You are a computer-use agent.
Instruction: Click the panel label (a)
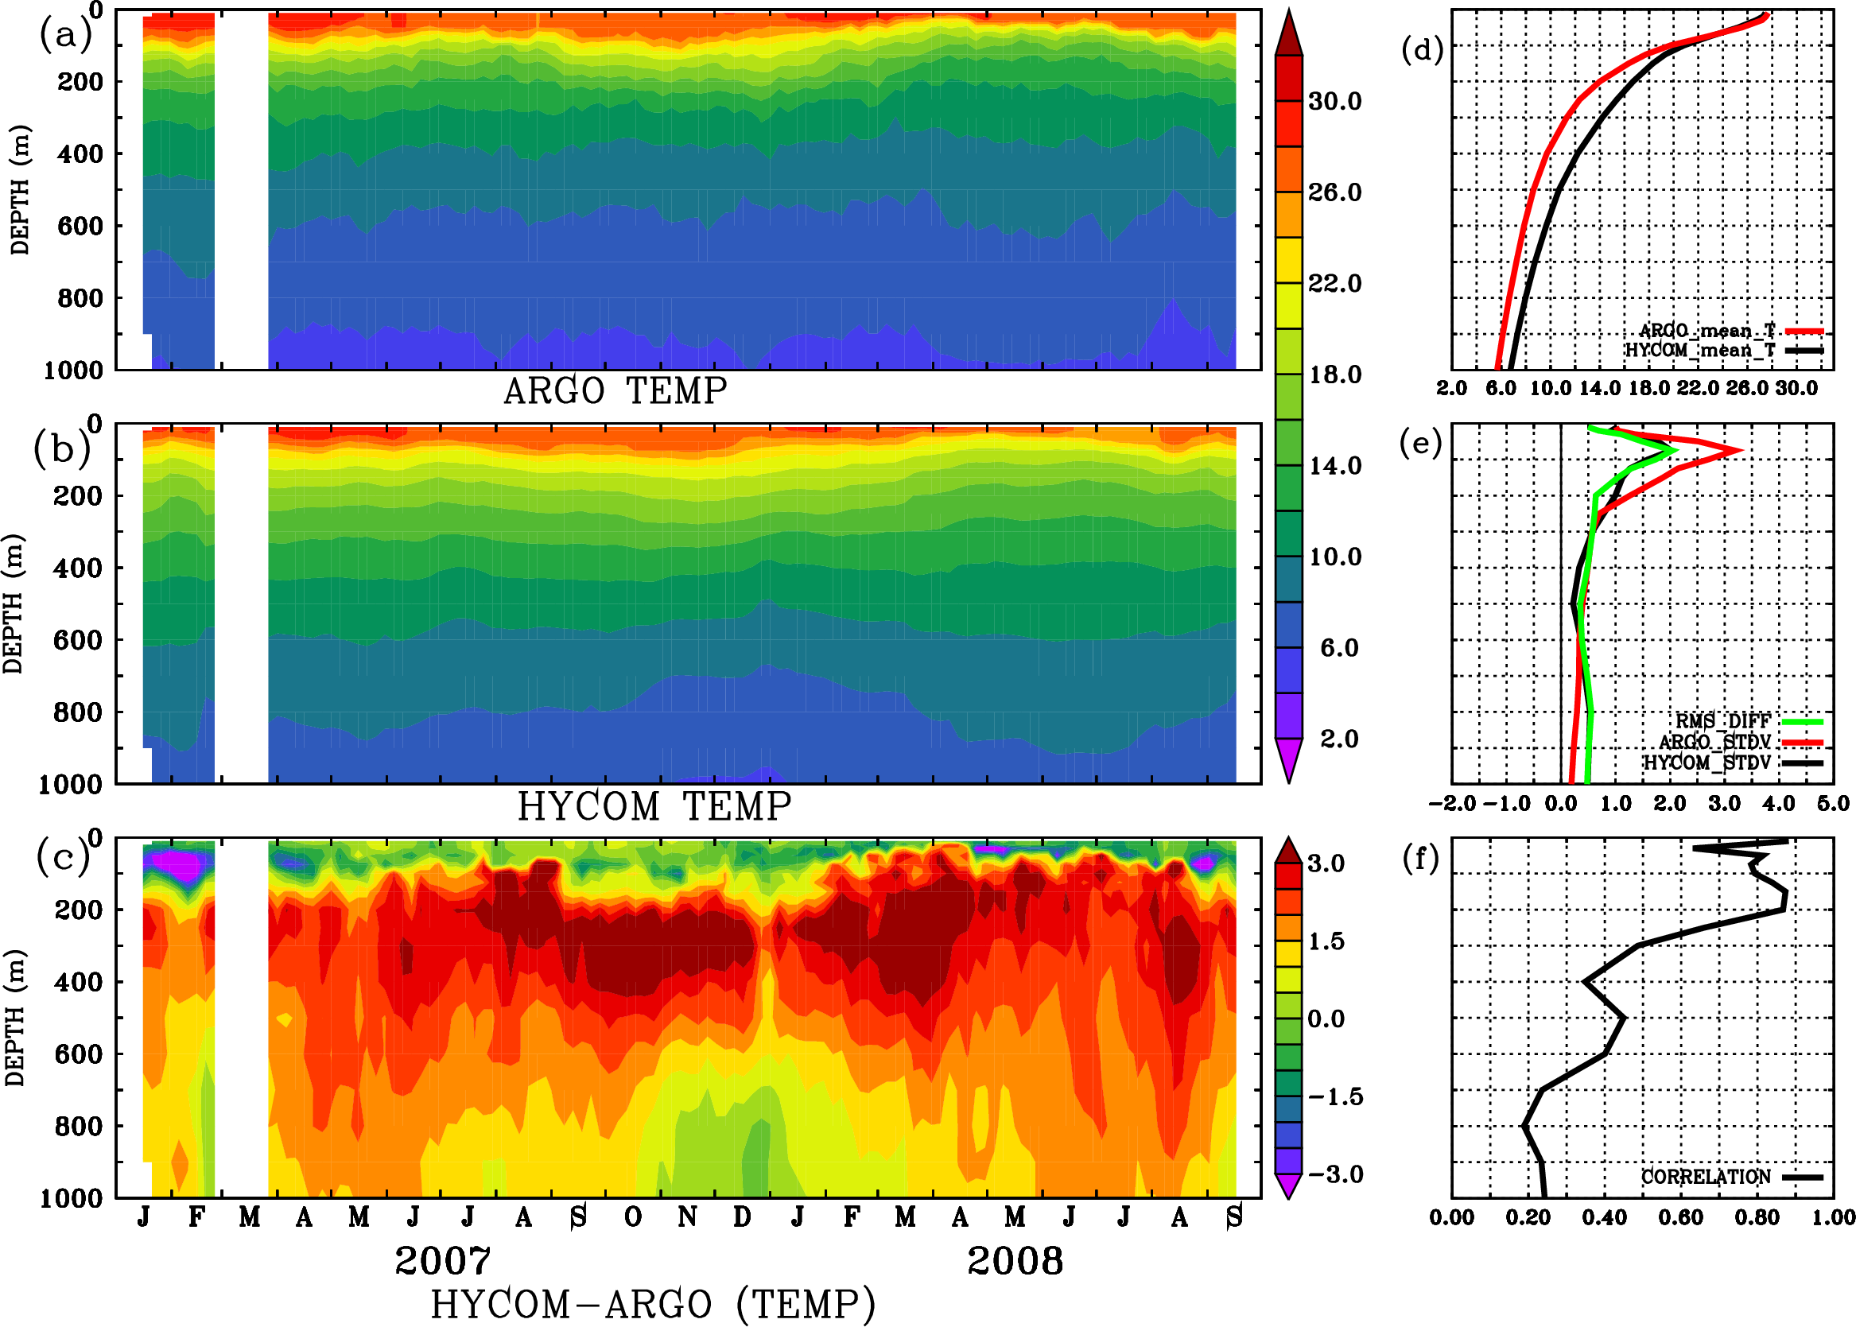(x=64, y=35)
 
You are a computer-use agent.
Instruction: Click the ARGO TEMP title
(x=615, y=391)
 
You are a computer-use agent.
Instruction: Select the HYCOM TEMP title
(x=654, y=806)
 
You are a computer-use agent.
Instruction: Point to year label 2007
(x=442, y=1261)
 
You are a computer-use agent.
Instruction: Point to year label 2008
(x=1015, y=1261)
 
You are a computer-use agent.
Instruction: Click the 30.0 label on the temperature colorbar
(x=1334, y=101)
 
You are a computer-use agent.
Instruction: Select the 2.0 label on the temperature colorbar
(x=1338, y=739)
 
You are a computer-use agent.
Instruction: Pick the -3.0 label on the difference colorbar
(x=1334, y=1174)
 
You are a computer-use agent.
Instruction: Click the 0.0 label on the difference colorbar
(x=1326, y=1019)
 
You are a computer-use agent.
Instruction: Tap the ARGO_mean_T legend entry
(x=1707, y=331)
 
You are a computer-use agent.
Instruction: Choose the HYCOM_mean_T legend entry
(x=1700, y=351)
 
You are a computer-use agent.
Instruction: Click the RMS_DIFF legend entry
(x=1722, y=721)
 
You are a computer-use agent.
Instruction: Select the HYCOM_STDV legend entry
(x=1707, y=762)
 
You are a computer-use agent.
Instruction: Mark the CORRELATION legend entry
(x=1706, y=1177)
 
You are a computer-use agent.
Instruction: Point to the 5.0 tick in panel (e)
(x=1833, y=804)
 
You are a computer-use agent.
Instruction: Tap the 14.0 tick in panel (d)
(x=1598, y=388)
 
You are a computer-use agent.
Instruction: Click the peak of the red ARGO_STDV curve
(x=1741, y=450)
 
